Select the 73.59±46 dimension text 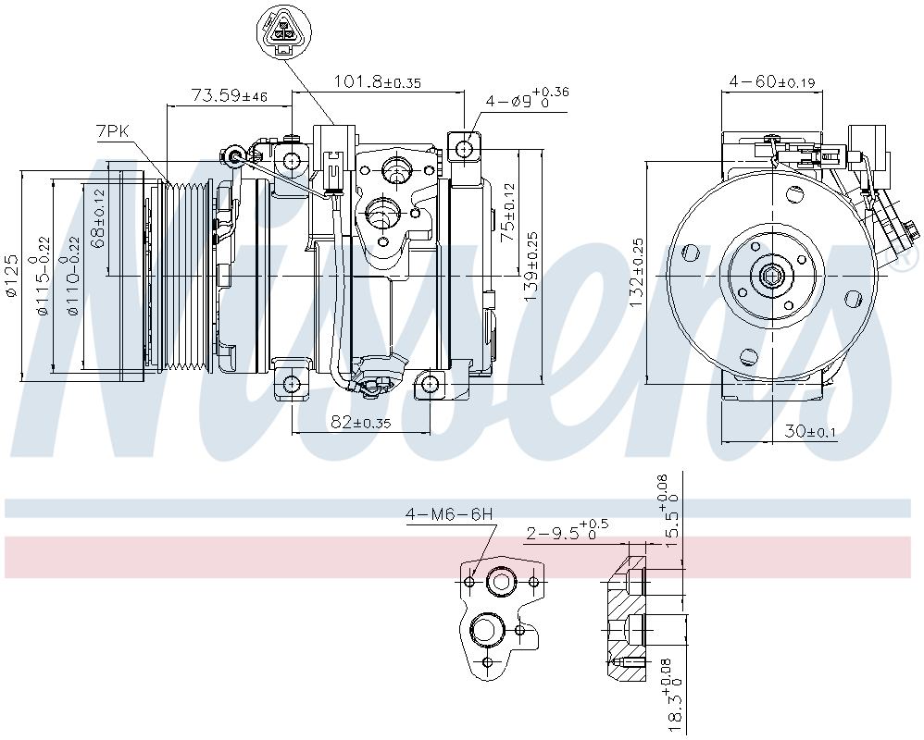click(x=229, y=95)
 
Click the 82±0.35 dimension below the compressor click(x=359, y=422)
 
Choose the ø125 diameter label click(x=12, y=275)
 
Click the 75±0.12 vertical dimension click(x=506, y=212)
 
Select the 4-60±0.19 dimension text click(x=771, y=82)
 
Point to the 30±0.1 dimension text click(x=810, y=431)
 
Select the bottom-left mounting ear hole click(x=293, y=385)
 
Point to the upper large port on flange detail click(x=501, y=582)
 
